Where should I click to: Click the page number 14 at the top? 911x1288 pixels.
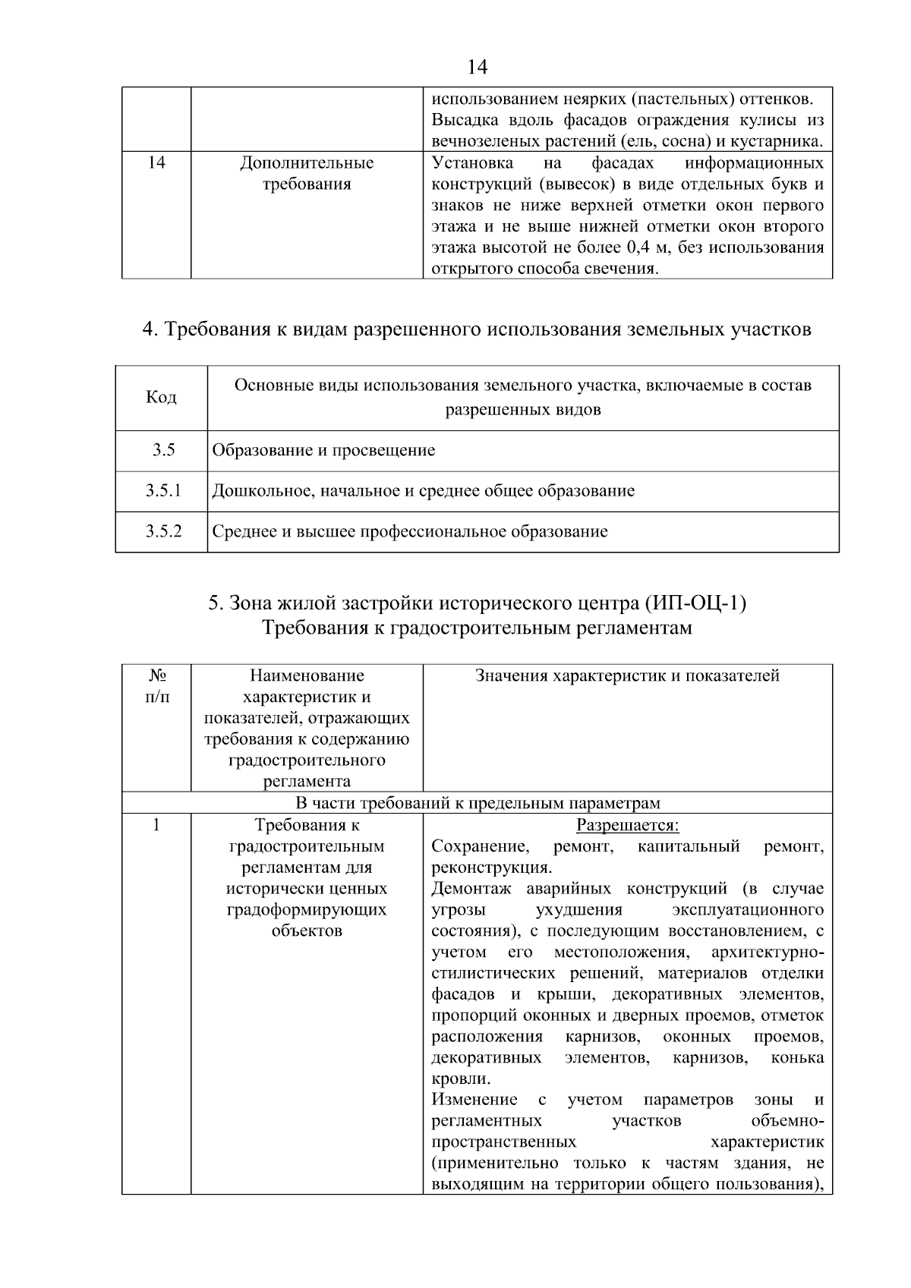(477, 68)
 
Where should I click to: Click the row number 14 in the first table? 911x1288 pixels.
(156, 163)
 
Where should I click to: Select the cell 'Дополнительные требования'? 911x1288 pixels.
(307, 174)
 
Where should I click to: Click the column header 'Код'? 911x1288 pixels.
(161, 398)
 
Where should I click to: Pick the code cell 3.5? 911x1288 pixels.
(162, 451)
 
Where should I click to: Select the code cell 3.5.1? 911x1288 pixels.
(163, 491)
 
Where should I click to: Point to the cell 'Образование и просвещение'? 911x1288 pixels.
(323, 451)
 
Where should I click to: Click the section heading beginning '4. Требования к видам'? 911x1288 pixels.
(477, 329)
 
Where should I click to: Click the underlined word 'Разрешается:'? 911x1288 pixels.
(627, 826)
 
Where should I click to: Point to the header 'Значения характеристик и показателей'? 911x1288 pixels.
(627, 676)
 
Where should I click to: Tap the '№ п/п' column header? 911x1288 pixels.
(156, 686)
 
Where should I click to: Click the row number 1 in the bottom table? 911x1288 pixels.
(156, 826)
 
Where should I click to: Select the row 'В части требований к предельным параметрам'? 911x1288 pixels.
(477, 804)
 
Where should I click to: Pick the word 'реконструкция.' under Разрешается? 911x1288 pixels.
(491, 868)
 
